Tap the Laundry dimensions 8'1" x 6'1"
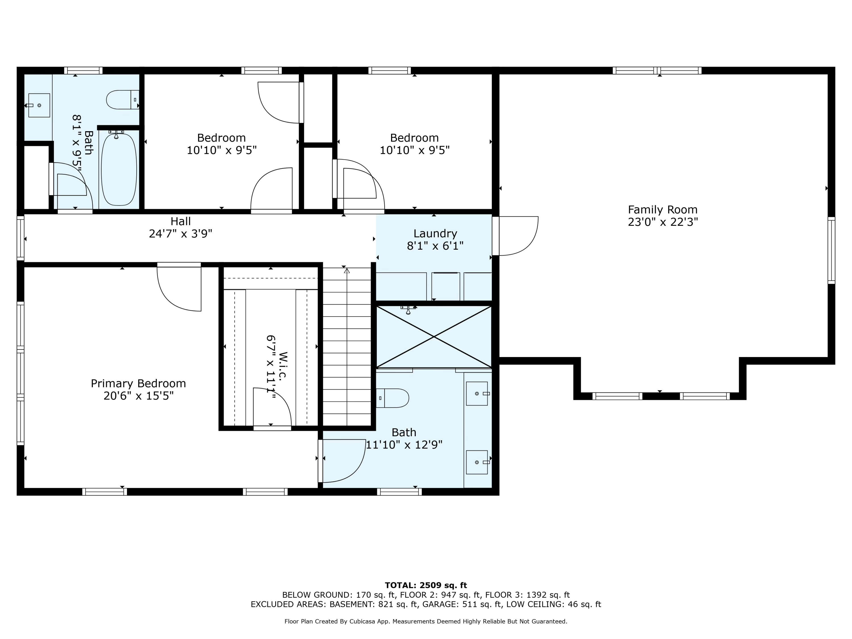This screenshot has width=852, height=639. [x=435, y=246]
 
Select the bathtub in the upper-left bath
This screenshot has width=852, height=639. [x=119, y=170]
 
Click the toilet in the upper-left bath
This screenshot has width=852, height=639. [x=122, y=100]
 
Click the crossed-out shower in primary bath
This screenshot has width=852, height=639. [x=434, y=337]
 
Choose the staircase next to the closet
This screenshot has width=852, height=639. [x=347, y=347]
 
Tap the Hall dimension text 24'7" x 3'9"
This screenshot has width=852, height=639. [x=180, y=234]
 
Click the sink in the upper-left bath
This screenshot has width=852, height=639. [x=39, y=105]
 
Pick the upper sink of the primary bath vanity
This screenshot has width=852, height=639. [x=477, y=394]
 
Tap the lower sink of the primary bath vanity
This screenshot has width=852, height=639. [x=477, y=462]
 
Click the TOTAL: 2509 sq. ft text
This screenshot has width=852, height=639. [x=426, y=585]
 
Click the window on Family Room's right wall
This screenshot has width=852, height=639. [x=831, y=250]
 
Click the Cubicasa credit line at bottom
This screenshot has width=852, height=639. [x=426, y=621]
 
